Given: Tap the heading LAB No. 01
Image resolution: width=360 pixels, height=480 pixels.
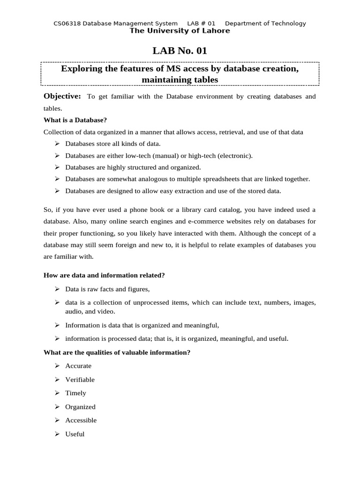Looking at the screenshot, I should click(x=180, y=51).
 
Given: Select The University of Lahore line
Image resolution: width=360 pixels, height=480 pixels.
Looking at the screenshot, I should click(x=180, y=31).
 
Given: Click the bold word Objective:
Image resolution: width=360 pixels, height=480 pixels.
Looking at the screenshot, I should click(x=62, y=96).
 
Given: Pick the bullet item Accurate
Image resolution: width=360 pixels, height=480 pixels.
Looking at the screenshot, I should click(x=78, y=366).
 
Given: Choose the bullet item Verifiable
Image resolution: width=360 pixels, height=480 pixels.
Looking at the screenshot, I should click(x=80, y=379).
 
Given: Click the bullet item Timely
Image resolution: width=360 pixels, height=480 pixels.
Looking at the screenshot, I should click(x=75, y=393).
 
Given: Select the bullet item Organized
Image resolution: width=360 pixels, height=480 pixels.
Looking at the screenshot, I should click(x=80, y=406).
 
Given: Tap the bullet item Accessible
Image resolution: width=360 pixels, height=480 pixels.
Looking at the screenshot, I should click(x=81, y=420).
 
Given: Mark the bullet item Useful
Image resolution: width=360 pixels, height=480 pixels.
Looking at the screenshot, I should click(x=75, y=434).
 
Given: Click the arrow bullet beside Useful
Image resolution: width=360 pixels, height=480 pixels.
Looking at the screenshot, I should click(x=57, y=434).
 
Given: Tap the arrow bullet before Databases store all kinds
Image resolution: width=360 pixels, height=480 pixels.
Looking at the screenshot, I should click(x=57, y=143).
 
